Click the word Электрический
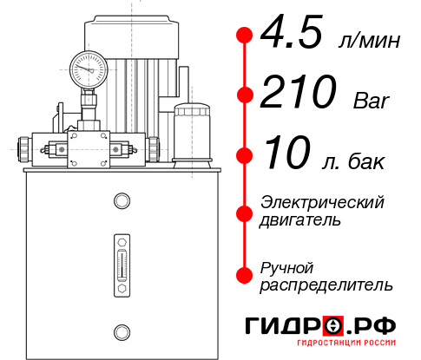[322, 202]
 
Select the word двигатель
[300, 219]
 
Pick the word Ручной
[287, 266]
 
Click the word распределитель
[326, 284]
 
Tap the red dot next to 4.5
[245, 36]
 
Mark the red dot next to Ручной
[245, 275]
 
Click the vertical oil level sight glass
[121, 259]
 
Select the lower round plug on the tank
[121, 330]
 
